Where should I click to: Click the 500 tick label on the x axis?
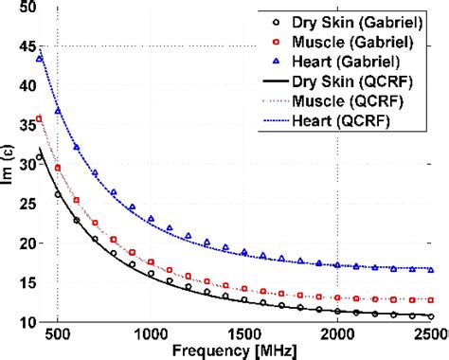coord(58,335)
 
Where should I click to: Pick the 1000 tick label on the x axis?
coord(151,335)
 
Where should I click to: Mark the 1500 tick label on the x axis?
coord(244,335)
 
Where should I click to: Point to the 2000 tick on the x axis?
coord(337,335)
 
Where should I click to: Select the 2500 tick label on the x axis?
coord(428,335)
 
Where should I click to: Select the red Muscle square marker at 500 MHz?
coord(58,168)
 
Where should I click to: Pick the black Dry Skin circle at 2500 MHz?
coord(431,316)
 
